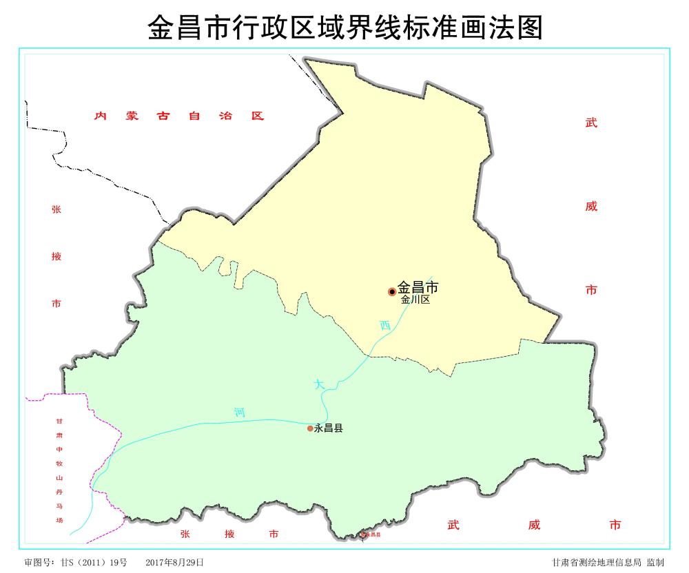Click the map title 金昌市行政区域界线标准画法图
[x=344, y=28]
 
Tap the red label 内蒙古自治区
[x=179, y=116]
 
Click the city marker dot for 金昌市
[x=392, y=291]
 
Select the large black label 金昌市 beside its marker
[x=418, y=287]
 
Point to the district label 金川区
[x=415, y=300]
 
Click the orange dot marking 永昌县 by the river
[x=310, y=428]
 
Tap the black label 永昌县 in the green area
[x=329, y=428]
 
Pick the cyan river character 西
[x=384, y=326]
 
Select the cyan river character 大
[x=318, y=384]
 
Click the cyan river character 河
[x=239, y=413]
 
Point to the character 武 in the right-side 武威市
[x=591, y=123]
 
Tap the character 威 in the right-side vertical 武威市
[x=591, y=207]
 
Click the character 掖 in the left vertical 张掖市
[x=56, y=256]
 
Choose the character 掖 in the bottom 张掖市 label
[x=229, y=534]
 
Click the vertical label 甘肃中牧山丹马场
[x=59, y=470]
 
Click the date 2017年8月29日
[x=174, y=562]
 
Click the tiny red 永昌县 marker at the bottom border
[x=363, y=534]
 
